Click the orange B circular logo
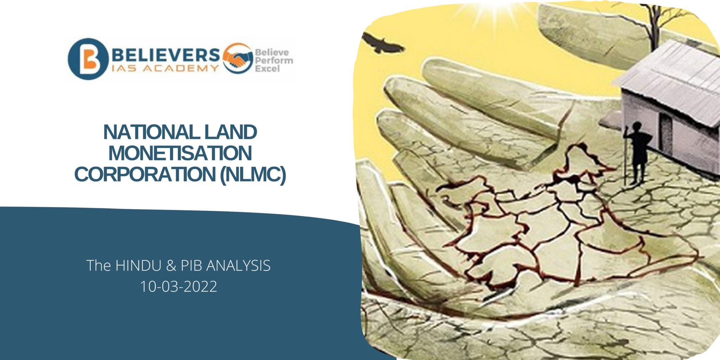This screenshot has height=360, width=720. tap(88, 59)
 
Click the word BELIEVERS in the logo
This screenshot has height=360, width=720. tap(166, 55)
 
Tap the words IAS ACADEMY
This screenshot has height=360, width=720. tap(165, 69)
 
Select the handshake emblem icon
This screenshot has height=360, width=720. tap(238, 58)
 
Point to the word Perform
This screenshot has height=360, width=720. tap(274, 60)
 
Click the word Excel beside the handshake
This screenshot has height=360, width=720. tap(267, 69)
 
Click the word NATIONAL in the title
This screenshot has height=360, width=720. tap(151, 133)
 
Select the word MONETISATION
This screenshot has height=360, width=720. tap(180, 153)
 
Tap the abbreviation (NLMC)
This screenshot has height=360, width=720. tap(253, 174)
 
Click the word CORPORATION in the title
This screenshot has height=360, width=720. tap(145, 174)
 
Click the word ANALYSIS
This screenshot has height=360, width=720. tap(238, 266)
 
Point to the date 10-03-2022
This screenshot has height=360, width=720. tap(179, 287)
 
